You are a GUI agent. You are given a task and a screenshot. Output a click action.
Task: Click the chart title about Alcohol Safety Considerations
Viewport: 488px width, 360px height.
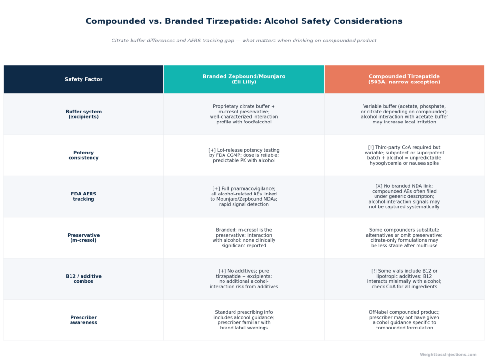pos(244,21)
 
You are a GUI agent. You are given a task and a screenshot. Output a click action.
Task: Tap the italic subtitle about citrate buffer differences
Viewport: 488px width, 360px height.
pos(244,41)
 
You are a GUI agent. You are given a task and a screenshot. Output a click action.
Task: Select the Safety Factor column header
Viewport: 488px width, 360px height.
pos(83,79)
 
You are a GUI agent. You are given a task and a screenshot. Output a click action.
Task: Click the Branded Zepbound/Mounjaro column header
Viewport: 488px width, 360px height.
pos(244,79)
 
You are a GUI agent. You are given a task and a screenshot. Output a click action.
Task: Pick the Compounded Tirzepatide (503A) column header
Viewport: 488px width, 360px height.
pos(404,79)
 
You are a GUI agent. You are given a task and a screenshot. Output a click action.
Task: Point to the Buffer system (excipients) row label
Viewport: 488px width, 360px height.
pos(83,114)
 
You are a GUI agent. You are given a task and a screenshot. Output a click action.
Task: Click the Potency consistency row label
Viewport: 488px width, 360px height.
pos(83,155)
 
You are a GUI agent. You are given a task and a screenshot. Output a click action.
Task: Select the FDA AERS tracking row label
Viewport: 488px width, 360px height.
pos(83,196)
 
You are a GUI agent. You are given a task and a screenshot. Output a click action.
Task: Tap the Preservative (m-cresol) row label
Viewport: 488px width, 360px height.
pos(83,237)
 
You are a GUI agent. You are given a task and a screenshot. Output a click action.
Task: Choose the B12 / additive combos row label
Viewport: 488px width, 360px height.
pos(83,279)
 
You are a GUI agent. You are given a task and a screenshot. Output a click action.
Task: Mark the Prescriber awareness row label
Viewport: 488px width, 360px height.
pos(83,320)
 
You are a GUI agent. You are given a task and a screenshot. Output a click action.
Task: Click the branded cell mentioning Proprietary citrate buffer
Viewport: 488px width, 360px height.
pos(244,114)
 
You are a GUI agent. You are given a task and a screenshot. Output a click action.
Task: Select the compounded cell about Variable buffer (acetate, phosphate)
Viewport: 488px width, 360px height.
pos(404,114)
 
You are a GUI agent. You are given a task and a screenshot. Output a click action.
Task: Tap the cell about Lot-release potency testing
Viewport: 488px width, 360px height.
pos(244,155)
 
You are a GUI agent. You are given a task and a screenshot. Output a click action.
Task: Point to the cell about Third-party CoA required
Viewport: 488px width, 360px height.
pos(404,155)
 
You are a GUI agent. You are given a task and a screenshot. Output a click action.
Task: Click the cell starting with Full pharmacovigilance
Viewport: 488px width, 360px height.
pos(244,196)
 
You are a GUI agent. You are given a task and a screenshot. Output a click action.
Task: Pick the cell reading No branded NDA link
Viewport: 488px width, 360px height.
pos(404,196)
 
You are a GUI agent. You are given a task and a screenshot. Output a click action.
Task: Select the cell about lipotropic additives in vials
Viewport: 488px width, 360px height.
pos(404,279)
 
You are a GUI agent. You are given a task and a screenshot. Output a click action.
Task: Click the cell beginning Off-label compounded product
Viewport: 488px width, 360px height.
pos(404,320)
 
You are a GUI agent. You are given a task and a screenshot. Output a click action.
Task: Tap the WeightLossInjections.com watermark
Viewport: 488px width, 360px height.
pos(448,354)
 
